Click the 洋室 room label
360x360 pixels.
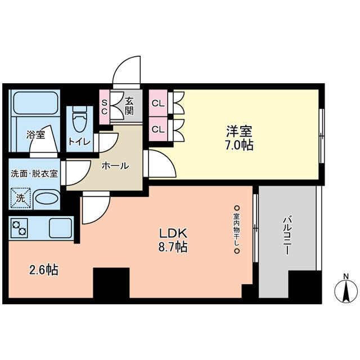pos(239,131)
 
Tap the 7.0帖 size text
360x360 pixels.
pos(239,145)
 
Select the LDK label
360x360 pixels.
pos(174,233)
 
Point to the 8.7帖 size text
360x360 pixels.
pos(173,247)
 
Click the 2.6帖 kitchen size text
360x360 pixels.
pos(44,269)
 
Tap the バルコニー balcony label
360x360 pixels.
pos(287,235)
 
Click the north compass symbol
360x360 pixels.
pos(346,290)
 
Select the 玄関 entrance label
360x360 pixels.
pos(129,106)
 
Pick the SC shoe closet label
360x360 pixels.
pos(105,107)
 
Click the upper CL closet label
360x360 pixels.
pos(158,103)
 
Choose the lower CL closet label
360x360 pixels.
pos(158,130)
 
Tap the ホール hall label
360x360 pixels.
pos(115,165)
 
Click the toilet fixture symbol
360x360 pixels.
pos(80,119)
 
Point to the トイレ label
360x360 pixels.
pos(79,142)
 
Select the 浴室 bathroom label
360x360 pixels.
pos(35,134)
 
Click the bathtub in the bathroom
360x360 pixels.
pos(35,102)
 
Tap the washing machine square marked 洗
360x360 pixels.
pos(20,198)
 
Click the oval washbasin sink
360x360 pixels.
pos(47,198)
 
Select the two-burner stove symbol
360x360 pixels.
pos(19,228)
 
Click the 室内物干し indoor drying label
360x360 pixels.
pos(237,229)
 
